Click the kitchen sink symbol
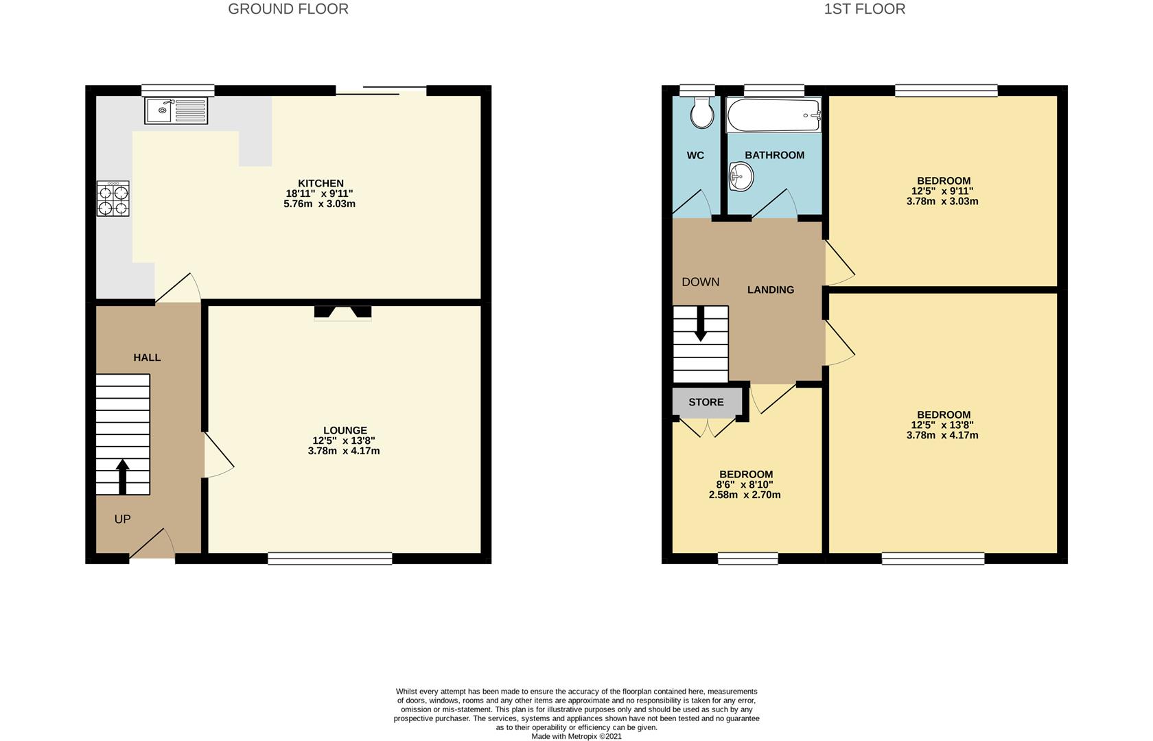pos(176,110)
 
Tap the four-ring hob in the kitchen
pos(113,199)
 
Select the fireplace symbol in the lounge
pos(342,313)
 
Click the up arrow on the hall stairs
pos(123,476)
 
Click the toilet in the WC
pos(701,113)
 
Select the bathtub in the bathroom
pos(774,115)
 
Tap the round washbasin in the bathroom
pos(741,177)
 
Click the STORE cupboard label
pos(706,402)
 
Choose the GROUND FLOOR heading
pos(288,9)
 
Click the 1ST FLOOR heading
pos(864,9)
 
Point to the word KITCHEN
pos(321,183)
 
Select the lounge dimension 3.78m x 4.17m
pos(344,451)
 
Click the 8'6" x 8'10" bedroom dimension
pos(745,484)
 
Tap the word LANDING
pos(771,290)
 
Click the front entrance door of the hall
pos(152,546)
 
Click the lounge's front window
pos(329,559)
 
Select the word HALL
pos(147,357)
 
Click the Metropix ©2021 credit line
pos(576,736)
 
